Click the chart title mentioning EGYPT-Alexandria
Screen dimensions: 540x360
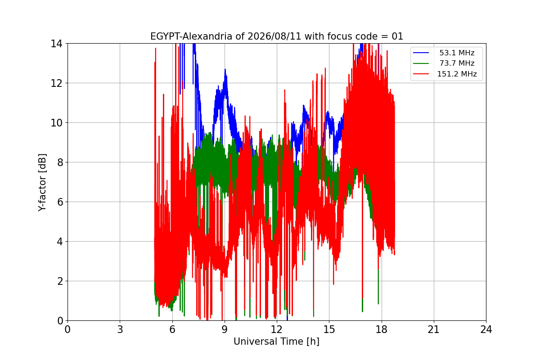[276, 36]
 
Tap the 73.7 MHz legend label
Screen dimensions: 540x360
[457, 63]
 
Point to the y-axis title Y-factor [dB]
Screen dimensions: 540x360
[42, 183]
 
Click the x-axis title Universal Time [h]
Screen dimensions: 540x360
[276, 342]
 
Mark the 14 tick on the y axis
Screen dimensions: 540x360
[56, 44]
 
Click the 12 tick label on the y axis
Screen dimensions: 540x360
[56, 83]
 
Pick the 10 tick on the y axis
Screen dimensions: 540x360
[56, 123]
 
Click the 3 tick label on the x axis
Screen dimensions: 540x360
[120, 329]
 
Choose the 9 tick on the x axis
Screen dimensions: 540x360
[225, 329]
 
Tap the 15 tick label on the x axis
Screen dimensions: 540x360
[329, 329]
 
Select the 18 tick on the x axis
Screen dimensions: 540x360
[382, 329]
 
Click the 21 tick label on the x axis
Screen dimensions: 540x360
[434, 329]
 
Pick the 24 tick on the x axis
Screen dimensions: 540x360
[486, 329]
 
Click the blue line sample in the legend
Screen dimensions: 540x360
[421, 53]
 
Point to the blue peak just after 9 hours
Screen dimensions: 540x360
[225, 69]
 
